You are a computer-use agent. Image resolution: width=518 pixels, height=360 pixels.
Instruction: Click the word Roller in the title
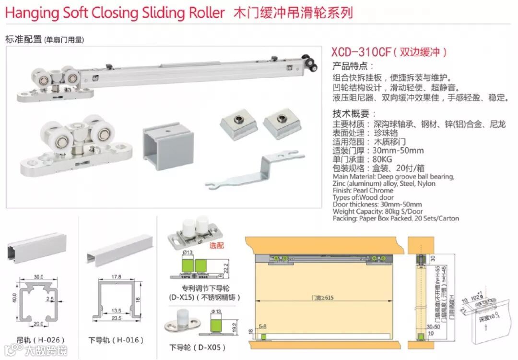(x=204, y=13)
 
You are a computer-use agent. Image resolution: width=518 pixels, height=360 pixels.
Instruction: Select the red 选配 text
(x=217, y=245)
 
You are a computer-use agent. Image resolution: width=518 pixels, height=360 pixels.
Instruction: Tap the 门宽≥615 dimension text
(x=322, y=298)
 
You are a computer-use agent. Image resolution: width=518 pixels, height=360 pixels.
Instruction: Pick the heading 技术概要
(x=351, y=114)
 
